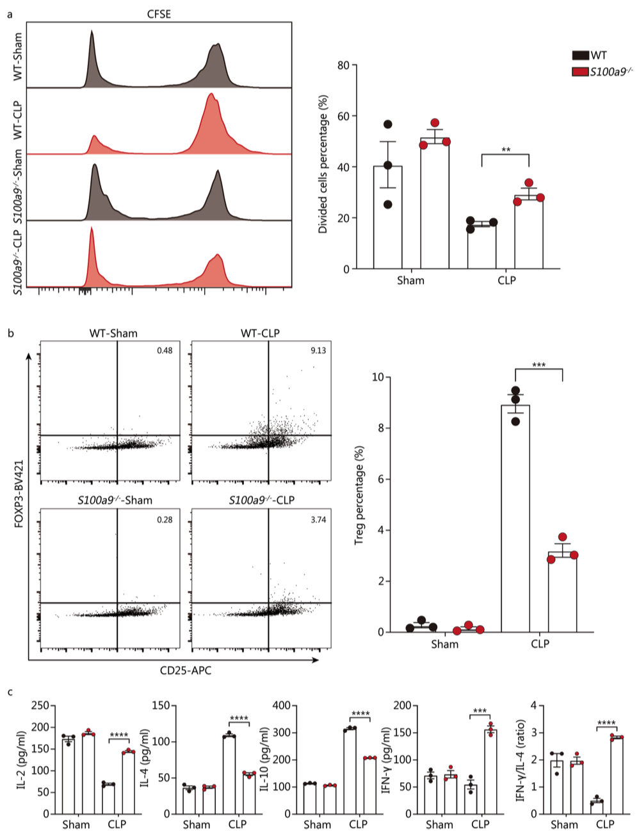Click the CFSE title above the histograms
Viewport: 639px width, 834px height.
click(159, 13)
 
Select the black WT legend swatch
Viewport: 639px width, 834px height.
click(581, 56)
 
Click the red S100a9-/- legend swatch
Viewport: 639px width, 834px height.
click(581, 71)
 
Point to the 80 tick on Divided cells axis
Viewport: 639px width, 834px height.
click(343, 65)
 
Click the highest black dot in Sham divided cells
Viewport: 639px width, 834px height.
click(387, 124)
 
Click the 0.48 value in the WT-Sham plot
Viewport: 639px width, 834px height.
click(165, 351)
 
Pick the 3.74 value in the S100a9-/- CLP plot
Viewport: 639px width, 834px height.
click(318, 520)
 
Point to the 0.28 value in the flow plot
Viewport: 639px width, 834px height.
click(165, 520)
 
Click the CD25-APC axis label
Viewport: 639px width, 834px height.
click(186, 671)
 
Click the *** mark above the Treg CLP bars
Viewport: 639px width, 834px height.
click(538, 366)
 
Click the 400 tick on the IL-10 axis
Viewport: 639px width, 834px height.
click(280, 706)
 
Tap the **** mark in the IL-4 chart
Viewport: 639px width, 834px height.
click(239, 718)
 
